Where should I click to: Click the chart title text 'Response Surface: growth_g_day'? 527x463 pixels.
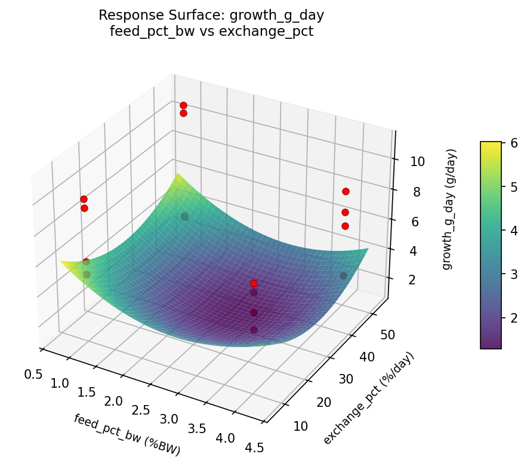click(211, 15)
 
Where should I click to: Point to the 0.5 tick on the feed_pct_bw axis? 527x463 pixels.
click(33, 374)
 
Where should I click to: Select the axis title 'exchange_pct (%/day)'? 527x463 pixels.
click(368, 398)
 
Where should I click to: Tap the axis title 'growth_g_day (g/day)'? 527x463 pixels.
click(448, 209)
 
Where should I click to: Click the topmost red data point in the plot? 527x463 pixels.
click(183, 106)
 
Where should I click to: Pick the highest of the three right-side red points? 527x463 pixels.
click(346, 191)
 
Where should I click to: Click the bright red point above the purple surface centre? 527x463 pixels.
click(254, 283)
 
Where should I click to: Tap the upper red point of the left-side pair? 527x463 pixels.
click(84, 199)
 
